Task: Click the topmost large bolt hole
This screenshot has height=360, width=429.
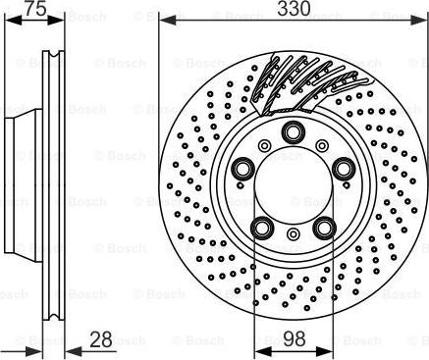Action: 292,133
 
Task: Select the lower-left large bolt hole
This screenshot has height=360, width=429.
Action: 262,229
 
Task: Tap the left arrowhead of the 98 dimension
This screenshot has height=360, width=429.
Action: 259,349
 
